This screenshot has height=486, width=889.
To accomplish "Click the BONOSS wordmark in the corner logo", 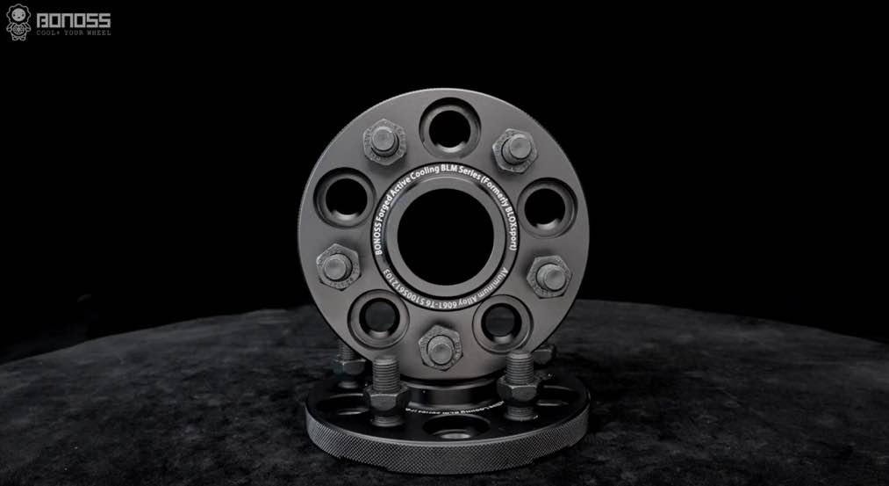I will pyautogui.click(x=74, y=18).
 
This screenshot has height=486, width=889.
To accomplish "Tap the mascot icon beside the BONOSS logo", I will pyautogui.click(x=18, y=21).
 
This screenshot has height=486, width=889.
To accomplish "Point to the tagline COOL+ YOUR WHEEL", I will pyautogui.click(x=74, y=33).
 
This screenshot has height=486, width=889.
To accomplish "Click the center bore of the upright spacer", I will pyautogui.click(x=445, y=237).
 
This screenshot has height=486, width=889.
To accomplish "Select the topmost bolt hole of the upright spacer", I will pyautogui.click(x=449, y=128).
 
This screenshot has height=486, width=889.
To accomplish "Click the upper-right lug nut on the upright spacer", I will pyautogui.click(x=515, y=149).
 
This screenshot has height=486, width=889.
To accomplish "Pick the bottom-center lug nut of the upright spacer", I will pyautogui.click(x=441, y=348).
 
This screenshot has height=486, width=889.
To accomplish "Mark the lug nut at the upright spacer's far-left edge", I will pyautogui.click(x=336, y=266).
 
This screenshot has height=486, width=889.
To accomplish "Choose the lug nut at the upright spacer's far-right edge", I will pyautogui.click(x=549, y=275).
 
